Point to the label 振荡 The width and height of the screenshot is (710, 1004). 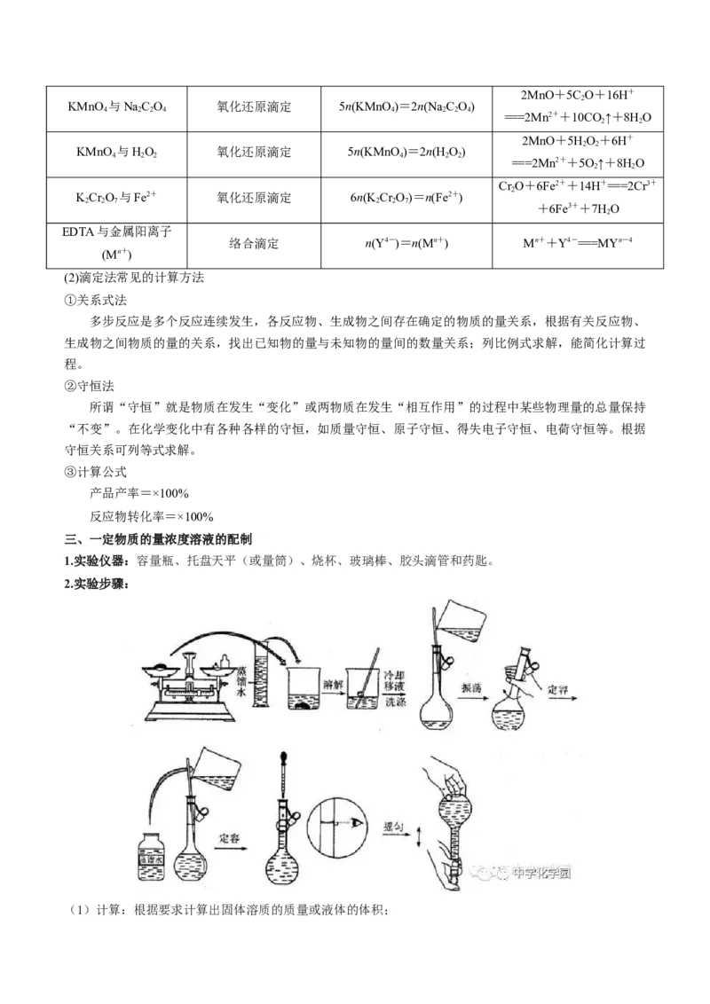pos(471,687)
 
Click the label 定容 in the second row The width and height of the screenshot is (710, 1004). pos(230,835)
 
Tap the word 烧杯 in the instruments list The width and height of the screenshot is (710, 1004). pos(324,561)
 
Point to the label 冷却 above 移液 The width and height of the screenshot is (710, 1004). pos(396,676)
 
